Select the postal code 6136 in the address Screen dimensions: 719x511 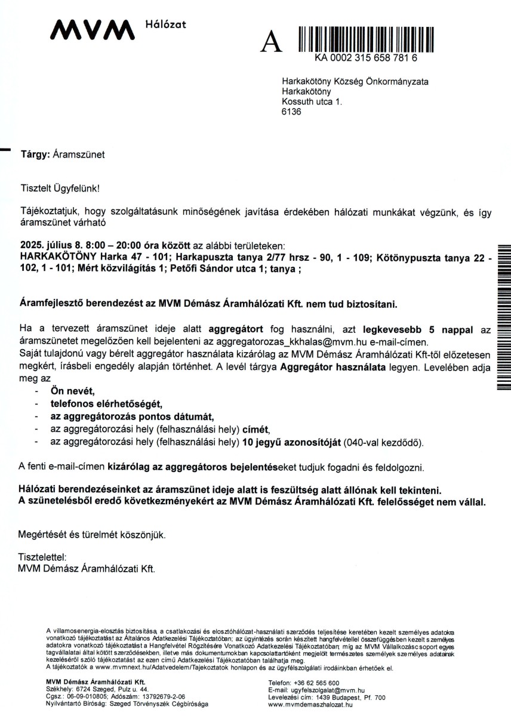[291, 112]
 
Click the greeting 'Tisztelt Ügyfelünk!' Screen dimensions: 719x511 [60, 188]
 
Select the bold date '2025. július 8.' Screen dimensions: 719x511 [48, 246]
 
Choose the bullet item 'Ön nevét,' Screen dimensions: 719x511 [73, 391]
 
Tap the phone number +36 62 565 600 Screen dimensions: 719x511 [316, 683]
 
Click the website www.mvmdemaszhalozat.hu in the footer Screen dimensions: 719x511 [310, 704]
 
